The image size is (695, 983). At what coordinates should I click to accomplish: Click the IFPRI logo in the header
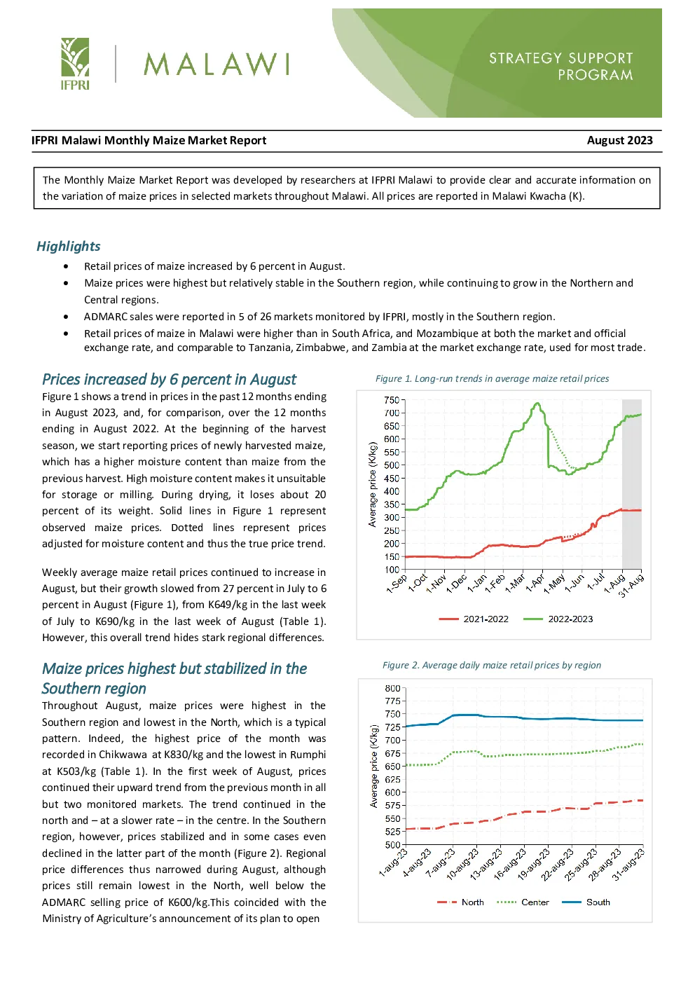pos(75,64)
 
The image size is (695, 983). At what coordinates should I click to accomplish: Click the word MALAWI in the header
pos(216,64)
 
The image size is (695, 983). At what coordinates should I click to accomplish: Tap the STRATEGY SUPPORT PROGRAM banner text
pos(560,66)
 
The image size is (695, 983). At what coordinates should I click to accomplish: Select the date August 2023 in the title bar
pos(619,140)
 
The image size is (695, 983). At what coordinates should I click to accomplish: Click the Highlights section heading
pos(69,246)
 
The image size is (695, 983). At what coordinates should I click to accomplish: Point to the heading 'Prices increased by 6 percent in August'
pos(169,379)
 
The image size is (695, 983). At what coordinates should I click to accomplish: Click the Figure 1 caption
pos(492,379)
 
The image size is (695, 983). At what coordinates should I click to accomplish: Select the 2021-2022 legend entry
pos(474,619)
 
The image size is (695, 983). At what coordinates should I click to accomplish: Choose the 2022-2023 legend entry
pos(558,619)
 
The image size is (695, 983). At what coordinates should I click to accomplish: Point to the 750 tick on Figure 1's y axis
pos(392,400)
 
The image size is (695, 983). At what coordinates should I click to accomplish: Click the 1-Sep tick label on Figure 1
pos(397,583)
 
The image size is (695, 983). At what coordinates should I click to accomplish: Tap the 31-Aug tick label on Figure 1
pos(631,585)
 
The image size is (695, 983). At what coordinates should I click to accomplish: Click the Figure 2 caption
pos(491,666)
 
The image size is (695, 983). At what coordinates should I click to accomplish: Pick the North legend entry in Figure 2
pos(460,902)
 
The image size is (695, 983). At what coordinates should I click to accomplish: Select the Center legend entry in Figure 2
pos(523,902)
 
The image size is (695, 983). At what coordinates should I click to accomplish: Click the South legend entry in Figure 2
pos(586,902)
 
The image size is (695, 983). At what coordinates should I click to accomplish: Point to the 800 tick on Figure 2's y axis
pos(392,688)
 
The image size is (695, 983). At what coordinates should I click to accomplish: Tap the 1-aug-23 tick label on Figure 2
pos(394,862)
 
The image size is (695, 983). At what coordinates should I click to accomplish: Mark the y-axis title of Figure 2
pos(373,766)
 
